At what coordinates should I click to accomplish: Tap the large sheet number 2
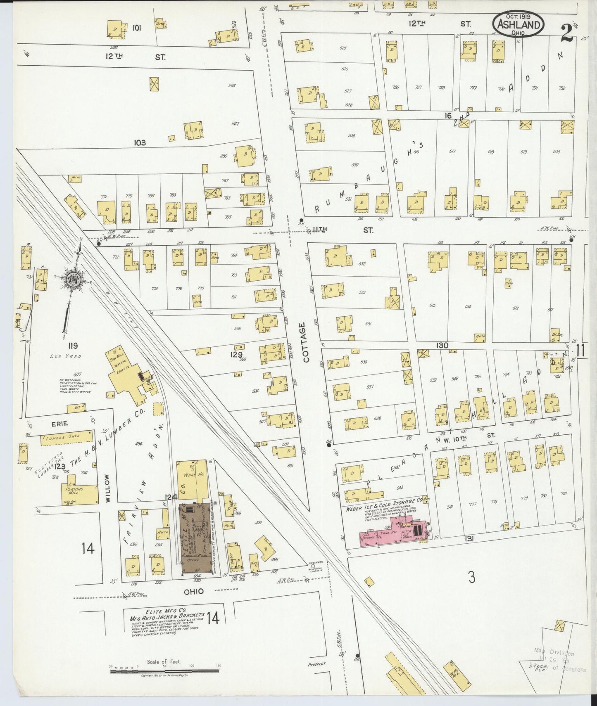[x=567, y=33]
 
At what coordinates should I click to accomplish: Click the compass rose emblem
[x=74, y=279]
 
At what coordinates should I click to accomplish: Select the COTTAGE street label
[x=306, y=343]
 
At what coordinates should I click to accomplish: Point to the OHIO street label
[x=194, y=591]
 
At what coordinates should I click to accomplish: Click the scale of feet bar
[x=164, y=672]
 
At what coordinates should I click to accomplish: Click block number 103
[x=140, y=142]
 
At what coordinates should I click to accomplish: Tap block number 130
[x=442, y=345]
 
